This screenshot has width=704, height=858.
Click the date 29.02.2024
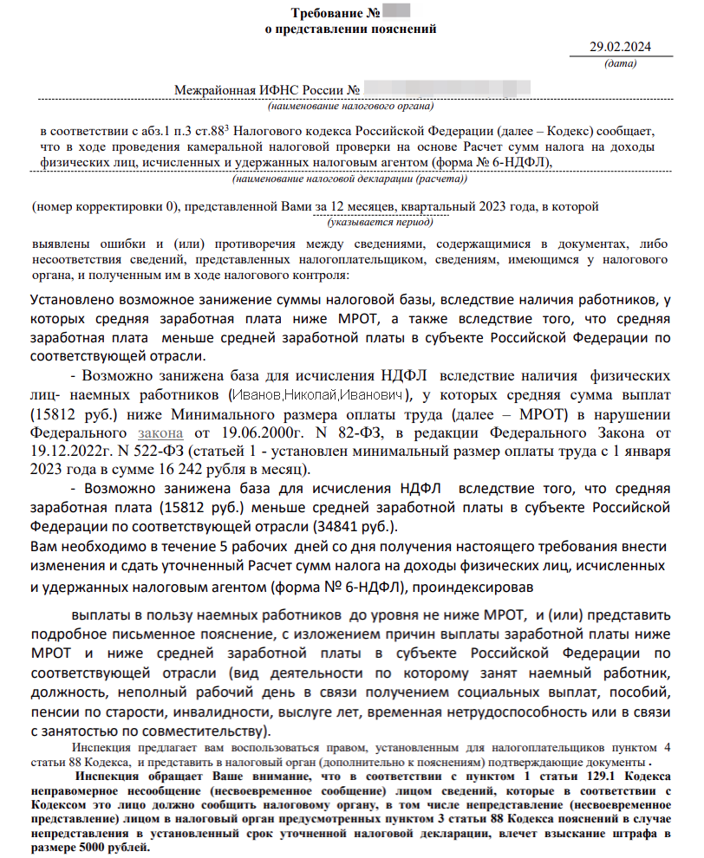[621, 48]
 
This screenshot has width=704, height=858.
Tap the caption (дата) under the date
[620, 63]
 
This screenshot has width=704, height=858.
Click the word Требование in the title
[328, 13]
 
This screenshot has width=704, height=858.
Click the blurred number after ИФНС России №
[447, 89]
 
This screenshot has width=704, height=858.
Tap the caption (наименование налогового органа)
[350, 107]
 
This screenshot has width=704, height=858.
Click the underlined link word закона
[160, 432]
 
